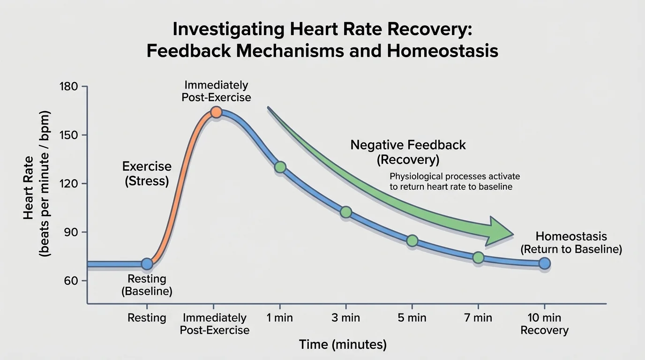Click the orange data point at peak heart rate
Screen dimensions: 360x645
point(216,112)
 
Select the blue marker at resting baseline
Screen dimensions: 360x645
point(147,264)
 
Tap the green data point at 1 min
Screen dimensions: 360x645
point(280,167)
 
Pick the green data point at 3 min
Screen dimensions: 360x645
point(346,212)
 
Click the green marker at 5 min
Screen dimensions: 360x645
point(412,241)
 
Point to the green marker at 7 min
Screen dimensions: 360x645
point(478,257)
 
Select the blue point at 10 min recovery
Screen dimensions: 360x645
point(544,263)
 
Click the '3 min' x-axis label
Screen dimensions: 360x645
point(346,318)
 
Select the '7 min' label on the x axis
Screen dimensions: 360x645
point(478,318)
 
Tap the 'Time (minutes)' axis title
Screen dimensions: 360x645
point(343,345)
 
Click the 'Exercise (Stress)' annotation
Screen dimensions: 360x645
point(147,173)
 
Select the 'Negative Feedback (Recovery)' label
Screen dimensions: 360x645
point(408,152)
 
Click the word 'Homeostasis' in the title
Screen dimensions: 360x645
point(443,51)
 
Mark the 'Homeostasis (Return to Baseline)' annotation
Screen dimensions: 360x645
point(571,243)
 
